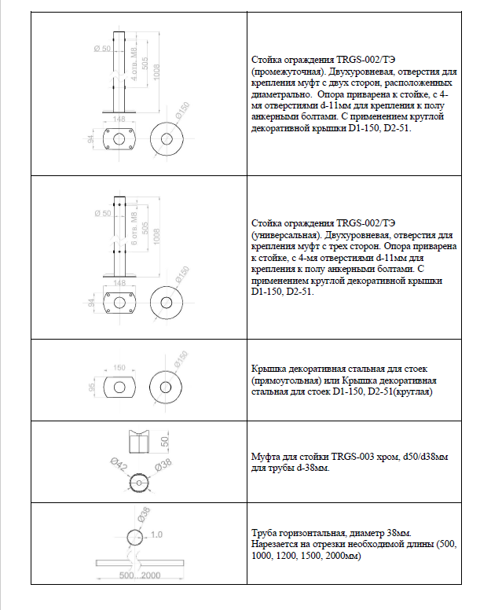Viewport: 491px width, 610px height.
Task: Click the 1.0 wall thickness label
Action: [x=156, y=535]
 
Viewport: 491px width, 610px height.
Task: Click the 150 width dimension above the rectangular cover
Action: [x=120, y=367]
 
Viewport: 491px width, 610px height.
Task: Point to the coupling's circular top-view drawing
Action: [x=139, y=485]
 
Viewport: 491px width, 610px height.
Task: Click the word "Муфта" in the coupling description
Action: [x=266, y=455]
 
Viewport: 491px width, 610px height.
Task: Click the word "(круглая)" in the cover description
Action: [x=407, y=391]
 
